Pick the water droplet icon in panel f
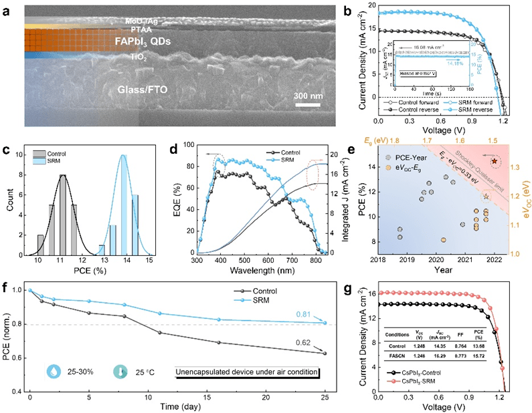pos(53,370)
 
